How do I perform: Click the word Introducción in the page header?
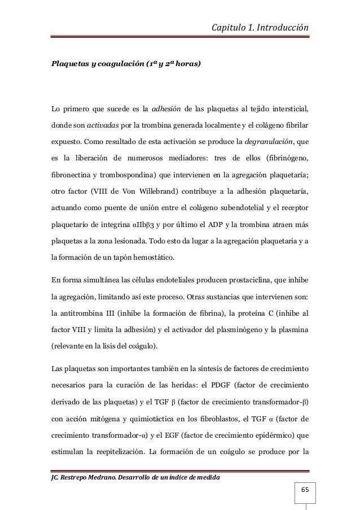(x=283, y=27)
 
